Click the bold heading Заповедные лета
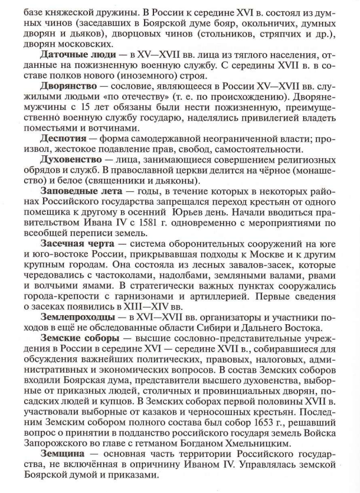[77, 191]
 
